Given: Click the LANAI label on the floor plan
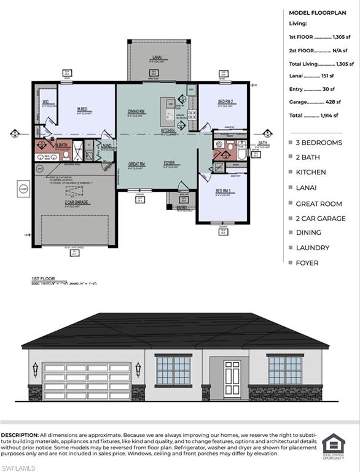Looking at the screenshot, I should click(x=157, y=58).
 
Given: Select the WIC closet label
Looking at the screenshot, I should click(x=45, y=101).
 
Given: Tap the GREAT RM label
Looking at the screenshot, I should click(x=136, y=163).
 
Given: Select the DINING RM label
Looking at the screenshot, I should click(x=136, y=111).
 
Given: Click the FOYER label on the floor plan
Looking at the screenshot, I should click(x=170, y=163).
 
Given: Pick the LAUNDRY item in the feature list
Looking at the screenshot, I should click(x=313, y=248).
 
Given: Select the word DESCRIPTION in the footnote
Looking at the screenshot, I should click(x=20, y=435).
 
